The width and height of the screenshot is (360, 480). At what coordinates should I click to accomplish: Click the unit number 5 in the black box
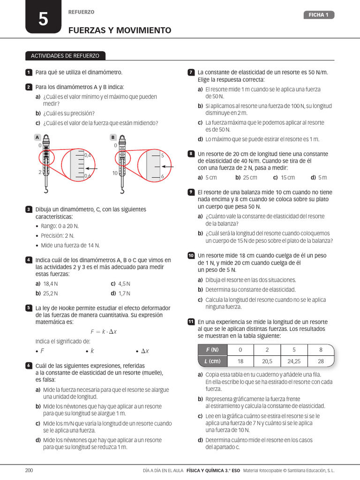pos(43,19)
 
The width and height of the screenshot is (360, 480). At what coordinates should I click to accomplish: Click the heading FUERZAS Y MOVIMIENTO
pos(120,30)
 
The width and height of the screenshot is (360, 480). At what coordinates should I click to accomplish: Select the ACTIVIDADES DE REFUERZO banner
pos(65,56)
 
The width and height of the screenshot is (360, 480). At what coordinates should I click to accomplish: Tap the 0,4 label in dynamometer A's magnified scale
pos(88,155)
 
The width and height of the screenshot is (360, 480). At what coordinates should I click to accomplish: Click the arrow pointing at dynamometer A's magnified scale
pos(92,168)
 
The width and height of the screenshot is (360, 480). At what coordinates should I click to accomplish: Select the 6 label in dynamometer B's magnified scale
pos(162,176)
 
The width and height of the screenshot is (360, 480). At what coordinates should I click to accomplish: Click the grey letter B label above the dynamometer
pos(113,137)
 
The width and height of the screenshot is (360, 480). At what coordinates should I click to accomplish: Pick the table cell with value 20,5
pos(267,361)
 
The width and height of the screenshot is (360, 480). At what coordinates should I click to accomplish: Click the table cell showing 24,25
pos(294,361)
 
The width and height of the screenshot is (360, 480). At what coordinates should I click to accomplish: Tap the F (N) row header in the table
pos(212,350)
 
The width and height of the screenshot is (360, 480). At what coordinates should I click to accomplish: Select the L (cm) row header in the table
pos(212,361)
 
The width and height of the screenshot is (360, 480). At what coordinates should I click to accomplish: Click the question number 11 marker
pos(191,322)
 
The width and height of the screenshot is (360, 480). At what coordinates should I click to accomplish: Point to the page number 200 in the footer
pos(30,470)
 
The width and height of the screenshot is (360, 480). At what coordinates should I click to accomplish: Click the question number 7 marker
pos(191,72)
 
